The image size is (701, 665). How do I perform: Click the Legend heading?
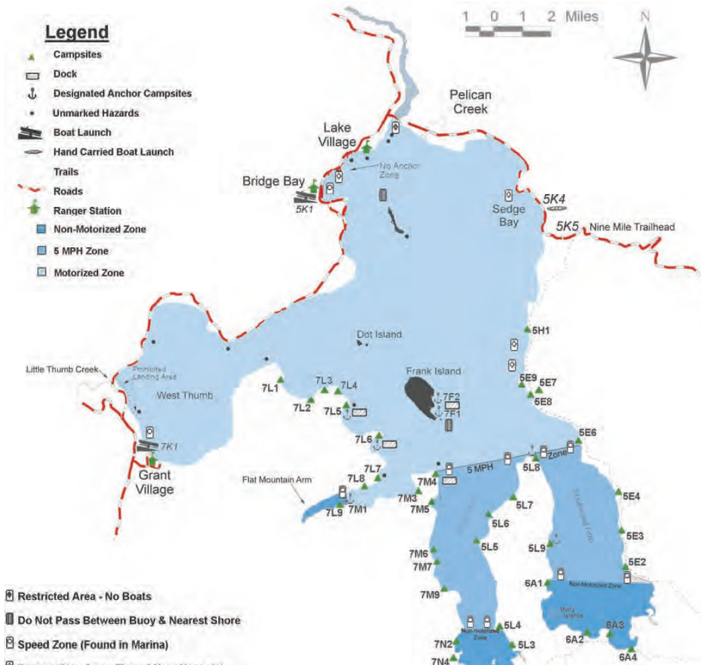point(76,32)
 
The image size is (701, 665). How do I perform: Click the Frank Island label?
point(433,371)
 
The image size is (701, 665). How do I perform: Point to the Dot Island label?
point(379,334)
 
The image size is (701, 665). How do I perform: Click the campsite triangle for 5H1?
point(526,329)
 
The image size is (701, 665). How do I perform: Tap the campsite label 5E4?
point(631,496)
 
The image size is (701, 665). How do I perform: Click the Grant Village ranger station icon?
point(152,460)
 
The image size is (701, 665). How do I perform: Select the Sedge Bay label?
point(508,215)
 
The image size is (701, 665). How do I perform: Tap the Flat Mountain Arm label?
point(272,480)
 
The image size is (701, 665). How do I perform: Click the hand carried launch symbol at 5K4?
point(557,209)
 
